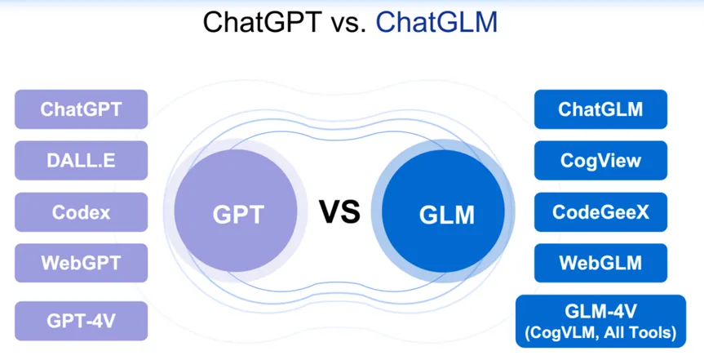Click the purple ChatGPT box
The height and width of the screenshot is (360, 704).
[x=81, y=109]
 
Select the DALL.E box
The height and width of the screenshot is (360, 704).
[x=81, y=161]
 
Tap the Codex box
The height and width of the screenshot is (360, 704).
[x=81, y=212]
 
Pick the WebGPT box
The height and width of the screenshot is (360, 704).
[x=81, y=263]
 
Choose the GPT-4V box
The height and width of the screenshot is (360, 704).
[x=81, y=321]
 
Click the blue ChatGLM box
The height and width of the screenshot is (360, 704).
[x=600, y=109]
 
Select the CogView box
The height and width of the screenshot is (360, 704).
[x=600, y=161]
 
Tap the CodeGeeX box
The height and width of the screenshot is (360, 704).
[x=600, y=212]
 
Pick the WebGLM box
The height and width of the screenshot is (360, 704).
[x=600, y=263]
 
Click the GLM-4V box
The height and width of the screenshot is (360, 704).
[x=600, y=321]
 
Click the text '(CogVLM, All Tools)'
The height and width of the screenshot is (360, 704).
[x=600, y=332]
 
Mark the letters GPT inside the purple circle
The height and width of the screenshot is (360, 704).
[x=237, y=215]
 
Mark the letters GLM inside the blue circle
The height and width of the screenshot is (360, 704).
[x=446, y=216]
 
